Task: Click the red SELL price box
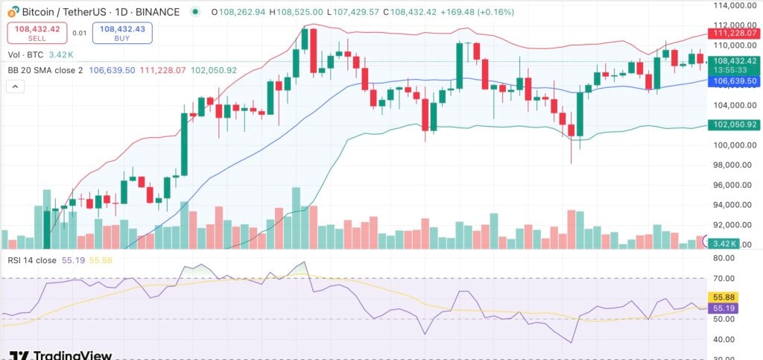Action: pos(37,33)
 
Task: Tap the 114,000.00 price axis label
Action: pos(730,6)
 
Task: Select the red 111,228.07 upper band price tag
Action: pos(733,34)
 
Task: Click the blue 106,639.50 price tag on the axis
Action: pos(733,80)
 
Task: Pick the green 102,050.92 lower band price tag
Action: pos(733,125)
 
